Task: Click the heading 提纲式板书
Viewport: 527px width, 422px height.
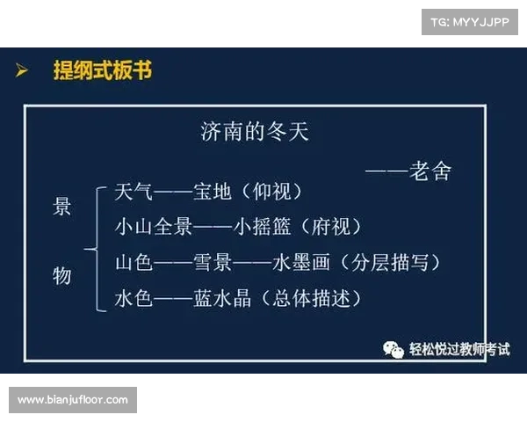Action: [x=102, y=70]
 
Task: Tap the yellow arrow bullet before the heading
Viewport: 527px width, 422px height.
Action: [x=23, y=70]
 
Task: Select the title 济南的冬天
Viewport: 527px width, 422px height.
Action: [x=255, y=133]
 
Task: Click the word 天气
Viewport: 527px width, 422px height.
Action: [x=134, y=192]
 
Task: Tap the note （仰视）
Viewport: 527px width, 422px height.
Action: [x=271, y=192]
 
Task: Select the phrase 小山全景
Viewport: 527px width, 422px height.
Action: [x=154, y=226]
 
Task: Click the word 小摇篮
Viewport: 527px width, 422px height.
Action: [x=263, y=226]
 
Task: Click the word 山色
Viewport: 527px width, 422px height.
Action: [x=134, y=262]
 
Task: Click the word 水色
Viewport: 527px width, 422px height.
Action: [x=134, y=298]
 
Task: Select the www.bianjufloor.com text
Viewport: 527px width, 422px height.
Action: [x=73, y=400]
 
